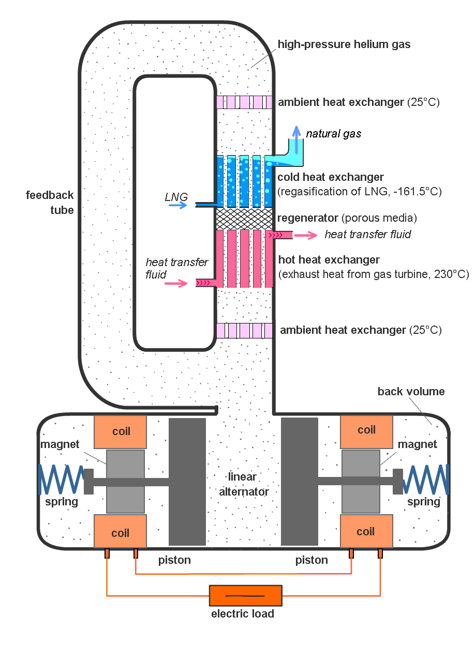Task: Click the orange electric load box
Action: point(245,596)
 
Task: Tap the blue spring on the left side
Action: point(61,480)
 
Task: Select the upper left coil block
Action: point(120,431)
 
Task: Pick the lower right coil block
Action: point(365,531)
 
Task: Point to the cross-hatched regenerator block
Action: point(244,219)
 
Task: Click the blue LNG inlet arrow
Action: point(177,205)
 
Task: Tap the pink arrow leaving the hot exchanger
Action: point(306,235)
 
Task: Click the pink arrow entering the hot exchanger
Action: point(177,283)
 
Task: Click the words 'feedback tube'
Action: point(50,203)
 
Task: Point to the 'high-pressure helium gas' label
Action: point(344,44)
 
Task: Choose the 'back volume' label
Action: point(411,391)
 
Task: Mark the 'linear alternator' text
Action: point(244,484)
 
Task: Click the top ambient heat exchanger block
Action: point(244,102)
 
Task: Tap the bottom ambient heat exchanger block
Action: point(244,330)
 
